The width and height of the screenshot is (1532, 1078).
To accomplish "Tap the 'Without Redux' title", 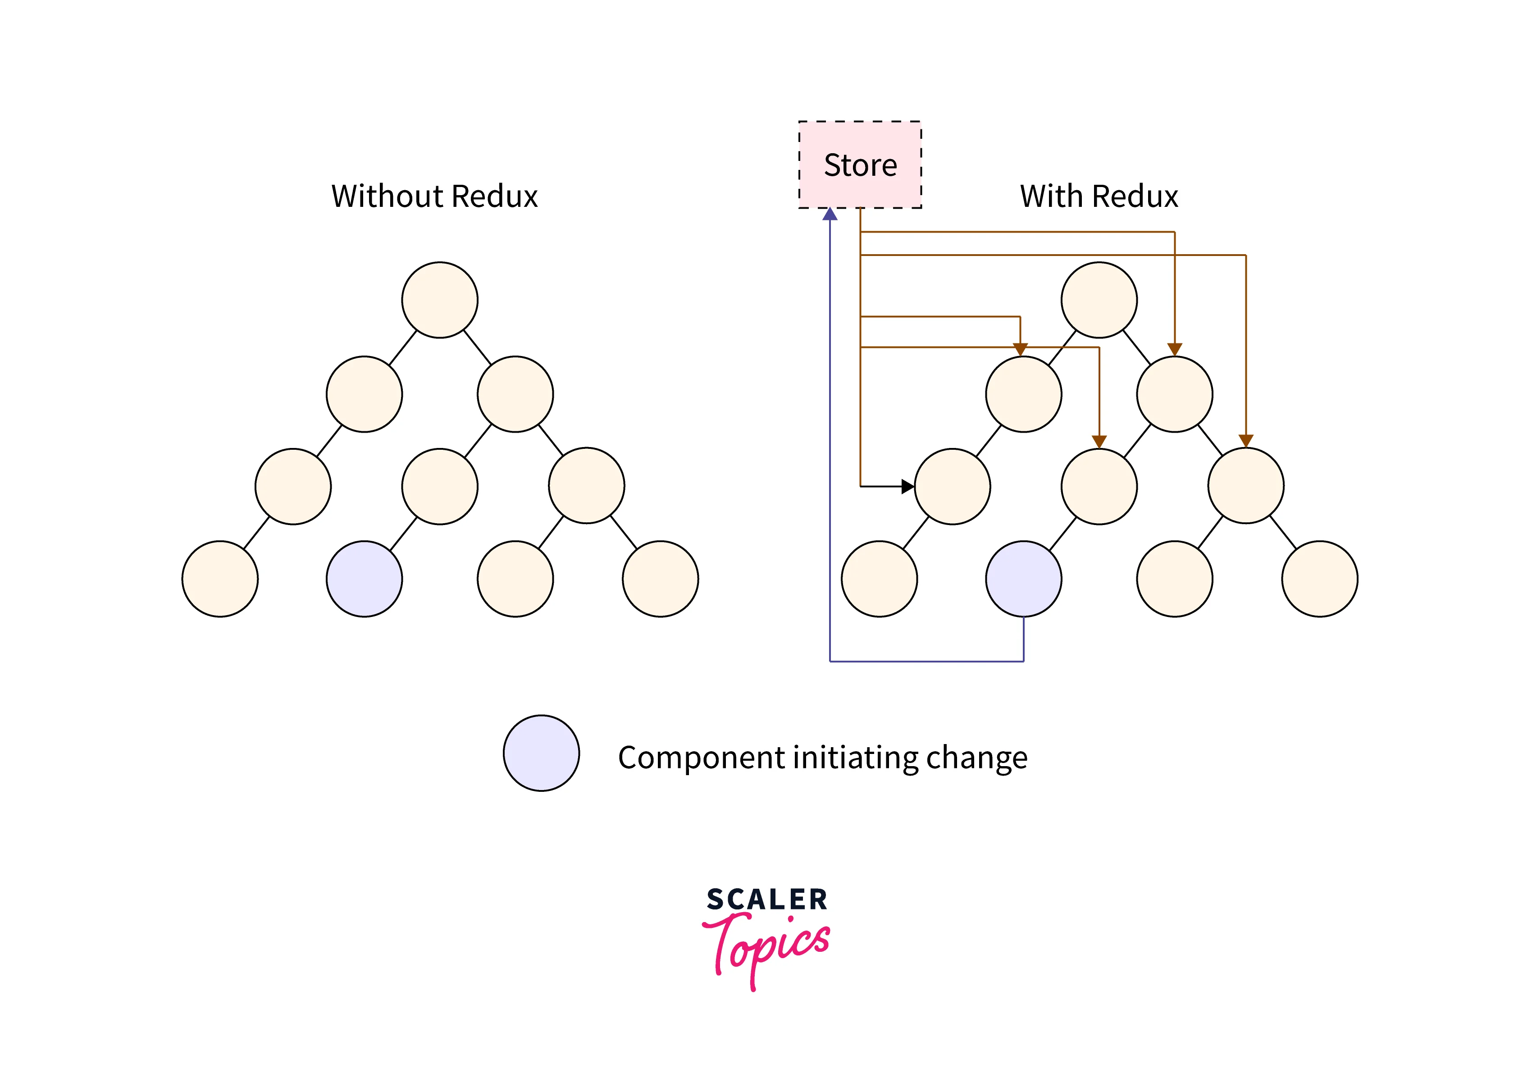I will [x=434, y=196].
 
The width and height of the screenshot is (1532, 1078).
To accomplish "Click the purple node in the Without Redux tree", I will [x=365, y=579].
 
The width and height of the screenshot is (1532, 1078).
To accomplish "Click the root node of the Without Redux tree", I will [x=440, y=300].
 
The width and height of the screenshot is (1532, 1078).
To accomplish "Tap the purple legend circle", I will [x=541, y=753].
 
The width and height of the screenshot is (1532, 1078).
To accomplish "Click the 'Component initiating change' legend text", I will [x=822, y=758].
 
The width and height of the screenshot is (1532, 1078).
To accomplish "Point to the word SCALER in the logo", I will [x=766, y=899].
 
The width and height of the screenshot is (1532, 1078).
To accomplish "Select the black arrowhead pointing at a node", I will [x=907, y=487].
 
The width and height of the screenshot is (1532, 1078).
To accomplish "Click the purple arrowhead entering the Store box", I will [x=830, y=214].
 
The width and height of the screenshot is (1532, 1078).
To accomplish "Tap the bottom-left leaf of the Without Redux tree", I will [x=220, y=579].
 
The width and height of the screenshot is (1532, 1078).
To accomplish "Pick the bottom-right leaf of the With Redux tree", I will [x=1319, y=579].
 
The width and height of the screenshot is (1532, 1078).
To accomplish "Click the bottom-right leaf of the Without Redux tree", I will [x=660, y=579].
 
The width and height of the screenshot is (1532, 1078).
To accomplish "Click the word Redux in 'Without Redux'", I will [x=494, y=196].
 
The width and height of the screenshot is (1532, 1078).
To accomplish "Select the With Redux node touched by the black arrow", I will [x=952, y=487].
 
